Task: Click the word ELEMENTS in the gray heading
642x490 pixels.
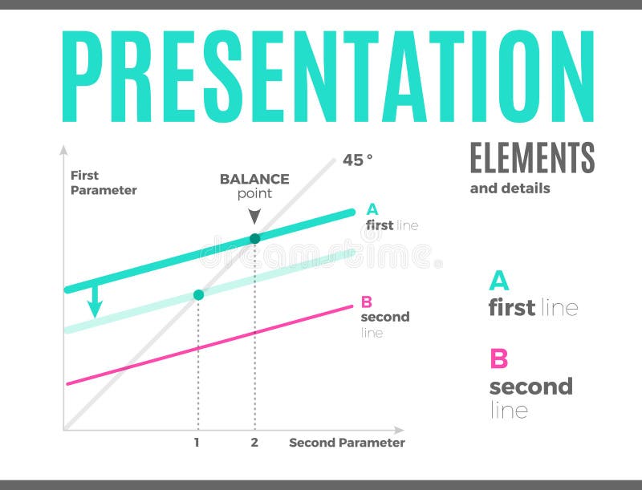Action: (x=532, y=157)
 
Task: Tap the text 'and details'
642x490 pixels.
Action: (x=510, y=188)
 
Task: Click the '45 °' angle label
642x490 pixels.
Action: (x=358, y=160)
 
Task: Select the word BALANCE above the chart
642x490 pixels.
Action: (x=254, y=179)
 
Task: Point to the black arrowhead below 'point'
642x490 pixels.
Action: (x=254, y=216)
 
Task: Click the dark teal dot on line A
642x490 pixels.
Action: (x=255, y=238)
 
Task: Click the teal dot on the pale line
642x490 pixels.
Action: (x=198, y=294)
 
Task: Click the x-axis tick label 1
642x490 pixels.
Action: (x=197, y=443)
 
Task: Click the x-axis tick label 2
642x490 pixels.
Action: (x=254, y=443)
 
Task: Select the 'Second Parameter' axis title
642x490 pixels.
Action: (x=347, y=443)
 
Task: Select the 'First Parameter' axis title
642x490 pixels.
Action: (x=103, y=183)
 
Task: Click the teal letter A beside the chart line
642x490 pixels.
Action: (x=372, y=210)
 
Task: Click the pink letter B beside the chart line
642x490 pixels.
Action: (x=367, y=302)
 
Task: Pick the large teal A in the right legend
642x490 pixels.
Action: (x=498, y=281)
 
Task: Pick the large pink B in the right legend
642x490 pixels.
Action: (x=498, y=358)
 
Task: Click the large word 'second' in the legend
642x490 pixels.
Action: (x=530, y=387)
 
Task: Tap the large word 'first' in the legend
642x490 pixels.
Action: (x=512, y=307)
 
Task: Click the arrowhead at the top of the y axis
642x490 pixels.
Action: (x=63, y=149)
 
